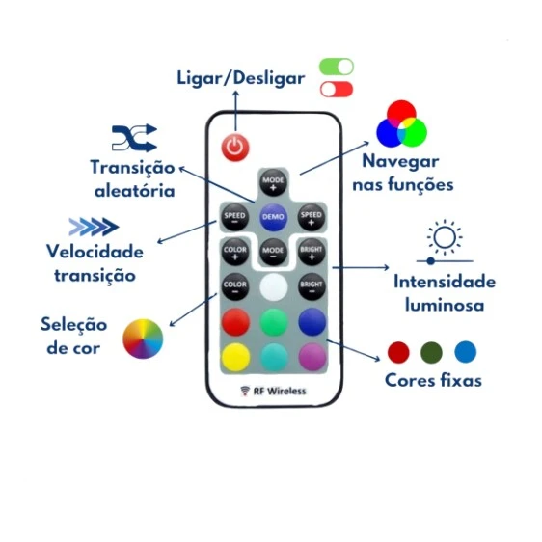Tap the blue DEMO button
(x=273, y=216)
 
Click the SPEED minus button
(x=235, y=216)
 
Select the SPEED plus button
(x=311, y=216)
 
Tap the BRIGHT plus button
(x=311, y=251)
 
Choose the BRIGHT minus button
(x=311, y=285)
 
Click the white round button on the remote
(x=274, y=286)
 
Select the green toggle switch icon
(x=337, y=67)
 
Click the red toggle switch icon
(x=337, y=90)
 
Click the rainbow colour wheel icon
(x=143, y=339)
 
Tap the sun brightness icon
(x=445, y=237)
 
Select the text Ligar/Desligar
(x=239, y=77)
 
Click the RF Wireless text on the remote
(x=273, y=391)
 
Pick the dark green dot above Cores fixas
(x=432, y=351)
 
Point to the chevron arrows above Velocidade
(x=94, y=228)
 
